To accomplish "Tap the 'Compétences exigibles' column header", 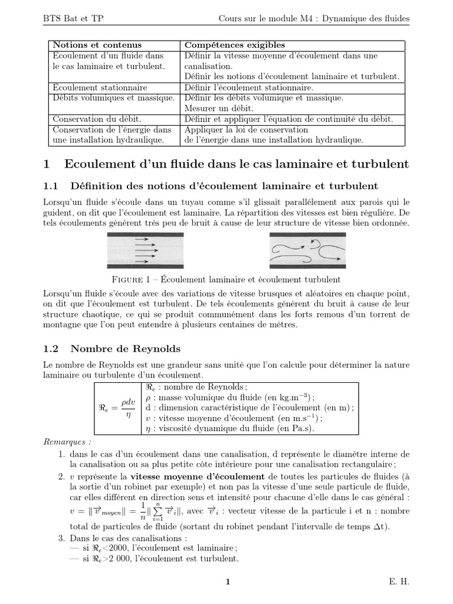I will click(235, 45).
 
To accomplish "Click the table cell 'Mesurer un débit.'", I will click(220, 109).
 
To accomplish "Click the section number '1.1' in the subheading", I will click(52, 186).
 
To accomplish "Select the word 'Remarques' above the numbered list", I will click(67, 442).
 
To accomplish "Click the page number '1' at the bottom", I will click(227, 582).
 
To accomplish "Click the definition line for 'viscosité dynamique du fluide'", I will click(230, 429).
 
